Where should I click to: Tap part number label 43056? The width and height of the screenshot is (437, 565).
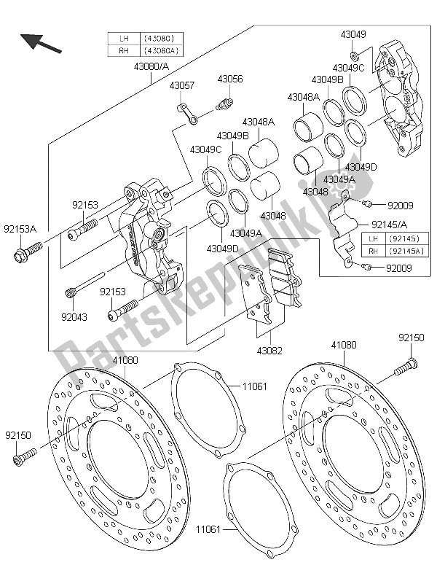pyautogui.click(x=229, y=79)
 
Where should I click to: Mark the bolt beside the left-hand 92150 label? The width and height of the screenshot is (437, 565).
pyautogui.click(x=23, y=456)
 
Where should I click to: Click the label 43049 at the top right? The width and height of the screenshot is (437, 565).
pyautogui.click(x=353, y=34)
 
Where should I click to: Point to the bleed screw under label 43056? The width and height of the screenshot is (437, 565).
pyautogui.click(x=225, y=105)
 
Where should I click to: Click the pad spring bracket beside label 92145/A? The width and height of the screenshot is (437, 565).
pyautogui.click(x=340, y=226)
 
